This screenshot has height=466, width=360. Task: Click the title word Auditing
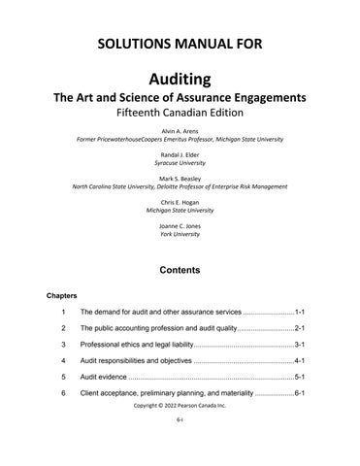[180, 78]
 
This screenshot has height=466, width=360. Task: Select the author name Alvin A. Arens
[180, 129]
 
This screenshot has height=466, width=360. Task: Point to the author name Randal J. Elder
[180, 154]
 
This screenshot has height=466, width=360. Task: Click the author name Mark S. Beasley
[180, 179]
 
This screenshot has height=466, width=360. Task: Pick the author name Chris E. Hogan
[180, 203]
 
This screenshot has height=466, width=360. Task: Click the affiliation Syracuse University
[180, 163]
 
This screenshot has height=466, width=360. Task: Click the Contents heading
[180, 269]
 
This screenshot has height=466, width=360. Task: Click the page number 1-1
[301, 314]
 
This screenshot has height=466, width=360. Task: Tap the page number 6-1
[301, 392]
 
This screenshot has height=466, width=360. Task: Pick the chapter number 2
[63, 329]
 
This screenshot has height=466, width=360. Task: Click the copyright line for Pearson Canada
[180, 408]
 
